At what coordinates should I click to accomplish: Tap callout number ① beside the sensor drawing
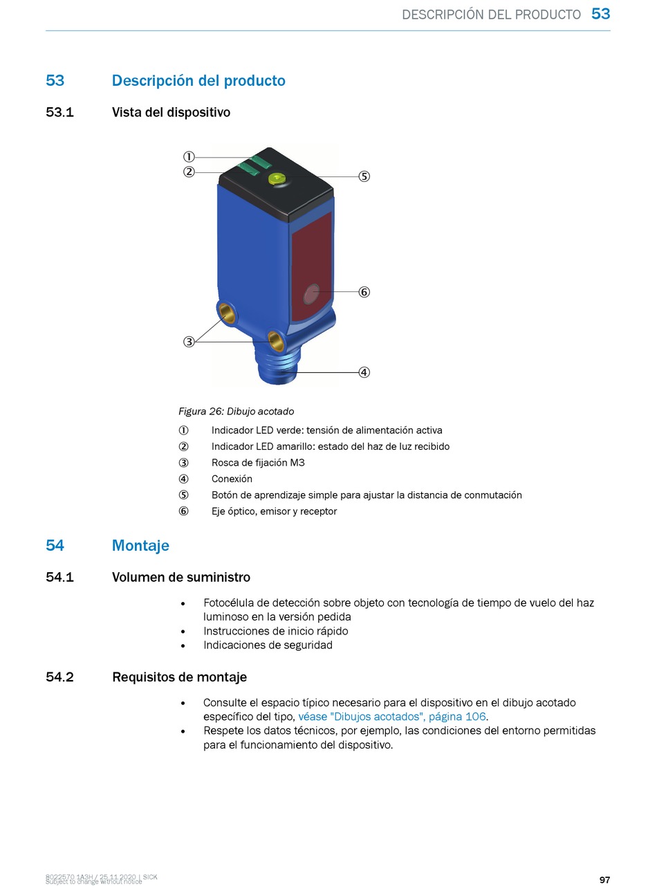point(188,156)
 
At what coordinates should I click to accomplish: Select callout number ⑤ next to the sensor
point(364,176)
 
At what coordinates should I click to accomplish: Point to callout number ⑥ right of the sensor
point(364,292)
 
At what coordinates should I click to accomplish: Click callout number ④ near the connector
point(364,372)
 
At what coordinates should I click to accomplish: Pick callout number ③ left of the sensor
point(188,342)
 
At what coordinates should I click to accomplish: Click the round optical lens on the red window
point(312,294)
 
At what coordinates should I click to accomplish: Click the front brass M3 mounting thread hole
point(275,339)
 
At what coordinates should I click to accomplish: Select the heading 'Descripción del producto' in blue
point(198,81)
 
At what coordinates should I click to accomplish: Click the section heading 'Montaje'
point(140,546)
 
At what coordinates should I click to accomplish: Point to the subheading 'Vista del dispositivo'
point(171,112)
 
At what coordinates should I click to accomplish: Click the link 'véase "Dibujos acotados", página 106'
point(391,717)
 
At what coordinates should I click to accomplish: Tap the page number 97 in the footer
point(604,880)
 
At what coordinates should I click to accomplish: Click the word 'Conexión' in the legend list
point(232,479)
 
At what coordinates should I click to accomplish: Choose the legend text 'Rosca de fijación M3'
point(257,463)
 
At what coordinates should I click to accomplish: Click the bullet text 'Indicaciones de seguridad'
point(268,645)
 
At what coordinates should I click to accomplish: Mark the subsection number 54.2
point(59,677)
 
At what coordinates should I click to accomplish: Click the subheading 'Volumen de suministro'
point(181,578)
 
